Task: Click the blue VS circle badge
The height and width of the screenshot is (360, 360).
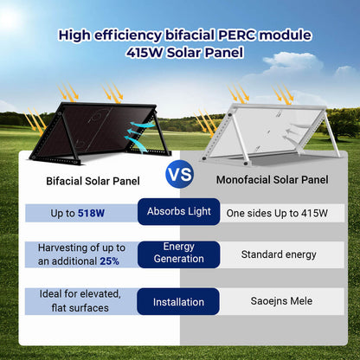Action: point(179,173)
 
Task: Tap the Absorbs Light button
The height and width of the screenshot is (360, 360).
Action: point(179,212)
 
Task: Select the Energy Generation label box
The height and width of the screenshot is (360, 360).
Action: point(179,254)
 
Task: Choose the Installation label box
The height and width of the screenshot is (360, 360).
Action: point(179,303)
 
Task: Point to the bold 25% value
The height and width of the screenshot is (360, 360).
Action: point(109,260)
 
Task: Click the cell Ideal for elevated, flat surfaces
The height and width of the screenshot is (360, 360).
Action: point(80,302)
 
